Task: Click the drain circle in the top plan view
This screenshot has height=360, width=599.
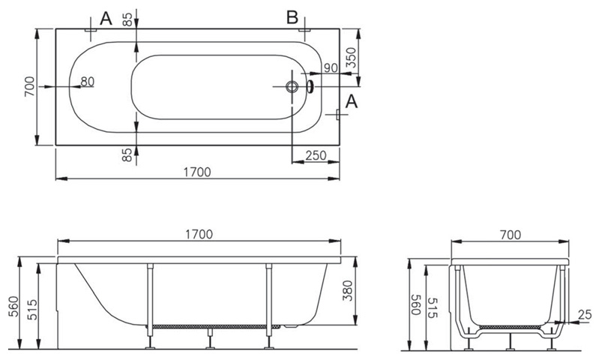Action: point(292,87)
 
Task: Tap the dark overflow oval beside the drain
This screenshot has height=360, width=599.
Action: point(310,86)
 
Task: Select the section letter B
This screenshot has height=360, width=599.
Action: point(292,17)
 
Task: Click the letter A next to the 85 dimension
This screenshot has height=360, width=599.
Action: point(106,18)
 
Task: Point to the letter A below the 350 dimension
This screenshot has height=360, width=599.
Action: point(352,102)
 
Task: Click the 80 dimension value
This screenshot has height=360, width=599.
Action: point(87,82)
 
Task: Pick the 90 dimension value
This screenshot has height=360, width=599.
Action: point(331,68)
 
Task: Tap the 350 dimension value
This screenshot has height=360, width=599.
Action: point(351,58)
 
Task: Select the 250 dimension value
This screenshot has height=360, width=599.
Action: point(316,155)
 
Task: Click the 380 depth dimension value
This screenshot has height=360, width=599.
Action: point(347,290)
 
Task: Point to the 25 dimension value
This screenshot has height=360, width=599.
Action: point(585,315)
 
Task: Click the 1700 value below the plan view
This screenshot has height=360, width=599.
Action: point(197,172)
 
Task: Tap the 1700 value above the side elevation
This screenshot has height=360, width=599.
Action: point(199,234)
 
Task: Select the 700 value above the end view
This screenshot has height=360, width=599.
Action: point(511,235)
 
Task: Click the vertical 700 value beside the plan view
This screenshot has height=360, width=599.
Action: point(29,86)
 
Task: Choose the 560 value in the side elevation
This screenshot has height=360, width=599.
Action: point(13,306)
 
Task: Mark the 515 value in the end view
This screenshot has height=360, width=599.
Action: point(433,308)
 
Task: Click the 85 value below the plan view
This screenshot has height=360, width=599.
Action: point(127,154)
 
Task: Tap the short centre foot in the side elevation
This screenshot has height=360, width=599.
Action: point(210,338)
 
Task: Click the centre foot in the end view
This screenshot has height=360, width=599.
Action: point(509,341)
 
